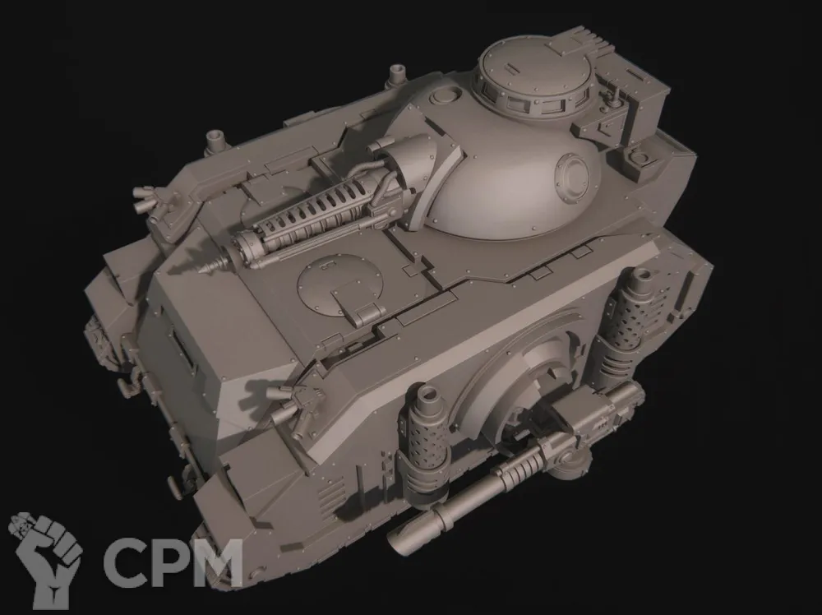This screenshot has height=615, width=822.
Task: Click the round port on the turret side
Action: pyautogui.click(x=575, y=172)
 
